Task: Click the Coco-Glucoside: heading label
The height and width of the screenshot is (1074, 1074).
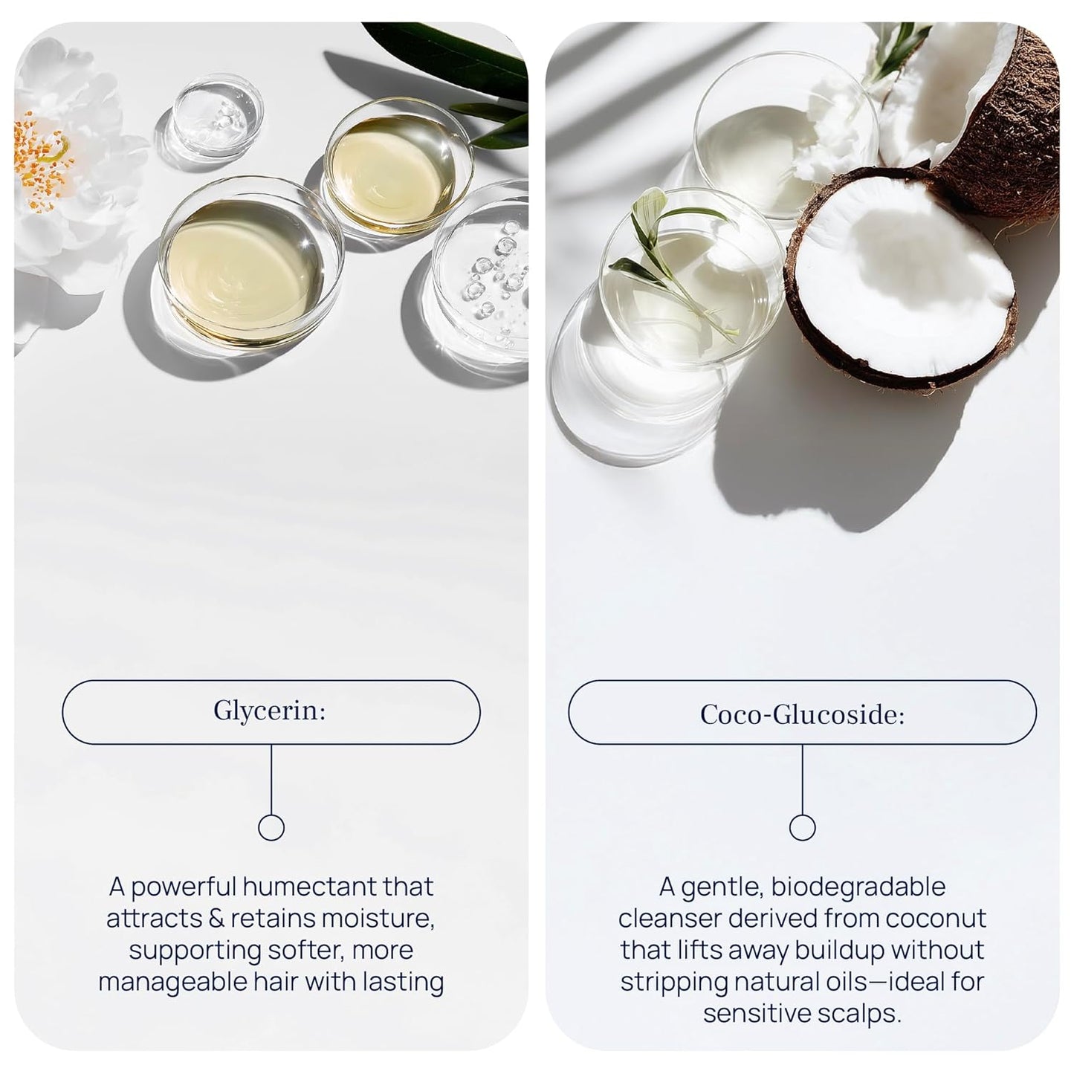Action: coord(802,714)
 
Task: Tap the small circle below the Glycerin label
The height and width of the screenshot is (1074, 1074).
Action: coord(271,828)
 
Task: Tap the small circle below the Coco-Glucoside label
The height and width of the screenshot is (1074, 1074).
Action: coord(803,828)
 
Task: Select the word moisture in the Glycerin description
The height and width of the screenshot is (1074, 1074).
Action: coord(379,919)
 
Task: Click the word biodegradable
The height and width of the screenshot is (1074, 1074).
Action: coord(858,887)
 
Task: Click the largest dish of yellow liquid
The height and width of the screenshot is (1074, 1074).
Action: coord(250,262)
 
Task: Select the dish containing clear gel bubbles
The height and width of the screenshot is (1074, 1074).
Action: coord(482,273)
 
